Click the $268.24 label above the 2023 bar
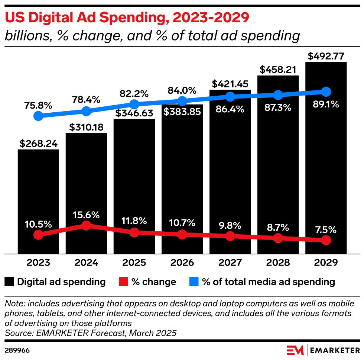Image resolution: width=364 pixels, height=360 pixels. [x=38, y=144]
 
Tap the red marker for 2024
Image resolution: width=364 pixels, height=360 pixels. [x=86, y=226]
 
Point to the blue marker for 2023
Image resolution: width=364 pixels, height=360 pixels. [x=38, y=116]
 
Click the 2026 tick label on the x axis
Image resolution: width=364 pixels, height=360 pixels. [x=182, y=263]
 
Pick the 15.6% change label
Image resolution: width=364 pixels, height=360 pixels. [x=86, y=215]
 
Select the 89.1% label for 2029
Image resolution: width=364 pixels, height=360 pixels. [x=326, y=105]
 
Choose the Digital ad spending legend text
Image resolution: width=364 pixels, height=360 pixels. [x=61, y=282]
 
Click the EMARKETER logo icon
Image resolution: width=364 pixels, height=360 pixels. [x=295, y=350]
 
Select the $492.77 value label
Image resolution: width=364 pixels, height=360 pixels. [x=326, y=57]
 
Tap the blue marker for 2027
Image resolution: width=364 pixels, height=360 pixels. [x=230, y=97]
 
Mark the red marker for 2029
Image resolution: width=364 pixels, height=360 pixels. [x=326, y=241]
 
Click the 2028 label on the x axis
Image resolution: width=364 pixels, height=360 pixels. [x=278, y=263]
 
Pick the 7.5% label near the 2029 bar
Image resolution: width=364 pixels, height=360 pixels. [x=326, y=229]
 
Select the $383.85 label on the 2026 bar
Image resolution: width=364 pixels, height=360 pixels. [x=182, y=112]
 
